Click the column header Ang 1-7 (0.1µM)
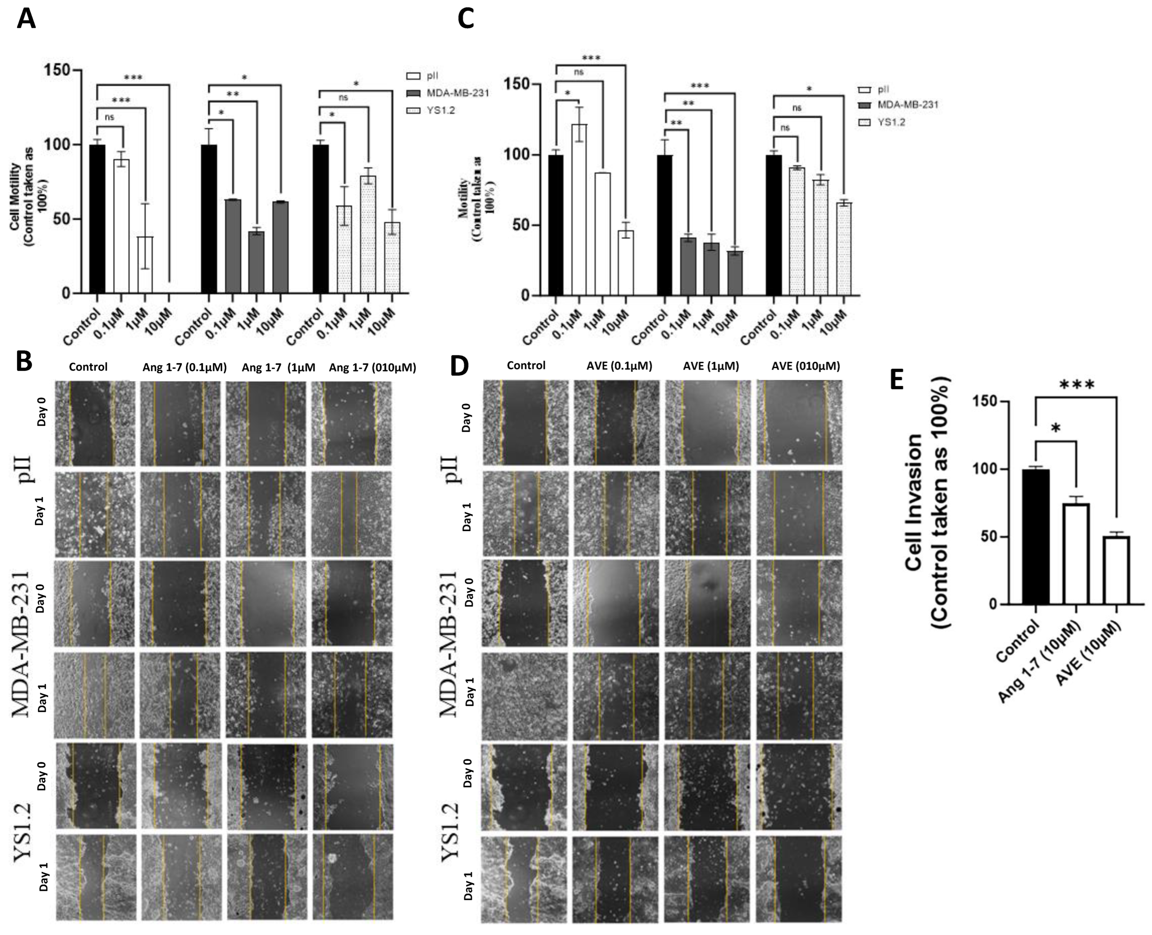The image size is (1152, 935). coord(184,367)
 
